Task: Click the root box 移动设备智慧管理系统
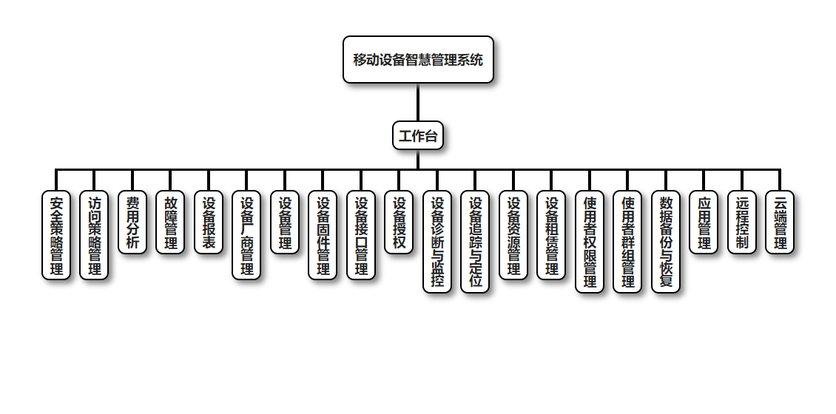pos(418,60)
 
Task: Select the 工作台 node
pos(418,135)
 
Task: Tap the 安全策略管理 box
pos(56,235)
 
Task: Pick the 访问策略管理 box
pos(94,235)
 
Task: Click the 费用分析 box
pos(132,223)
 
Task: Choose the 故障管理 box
pos(170,223)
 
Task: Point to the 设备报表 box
pos(209,223)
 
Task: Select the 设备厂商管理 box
pos(246,235)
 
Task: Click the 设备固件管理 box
pos(323,235)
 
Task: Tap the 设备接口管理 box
pos(361,235)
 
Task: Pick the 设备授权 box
pos(399,223)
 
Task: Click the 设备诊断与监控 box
pos(437,242)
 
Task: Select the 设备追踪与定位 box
pos(475,242)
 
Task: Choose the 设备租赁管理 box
pos(551,235)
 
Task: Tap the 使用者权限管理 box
pos(590,242)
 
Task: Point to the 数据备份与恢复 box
pos(666,242)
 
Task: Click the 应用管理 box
pos(704,223)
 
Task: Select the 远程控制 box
pos(742,223)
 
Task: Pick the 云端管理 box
pos(780,223)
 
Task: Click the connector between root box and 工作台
pos(418,102)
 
